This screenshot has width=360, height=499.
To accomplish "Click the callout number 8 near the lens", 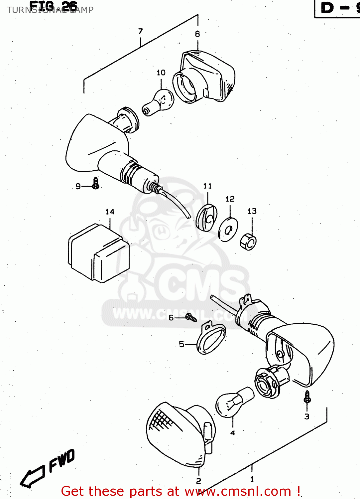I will pos(197,34).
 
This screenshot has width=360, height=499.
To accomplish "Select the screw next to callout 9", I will pos(96,183).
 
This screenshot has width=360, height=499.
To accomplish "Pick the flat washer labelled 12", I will pos(228,230).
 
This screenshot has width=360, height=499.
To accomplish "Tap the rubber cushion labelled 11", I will pos(206,218).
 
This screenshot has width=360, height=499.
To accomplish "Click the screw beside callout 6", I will pos(191,318).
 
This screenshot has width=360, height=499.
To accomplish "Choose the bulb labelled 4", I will pos(233,403).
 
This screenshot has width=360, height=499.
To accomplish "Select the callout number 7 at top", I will pos(141,31).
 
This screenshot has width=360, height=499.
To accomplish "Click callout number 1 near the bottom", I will pos(252,479).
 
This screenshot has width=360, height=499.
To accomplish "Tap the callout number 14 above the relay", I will pos(110,212).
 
